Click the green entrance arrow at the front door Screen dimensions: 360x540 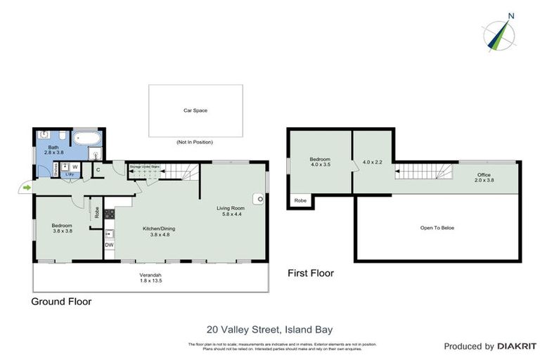27,188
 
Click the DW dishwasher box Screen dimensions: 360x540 109,245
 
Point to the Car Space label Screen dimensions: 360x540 195,110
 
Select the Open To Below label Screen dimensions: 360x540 437,227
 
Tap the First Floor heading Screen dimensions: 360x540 310,273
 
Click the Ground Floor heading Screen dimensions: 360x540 61,302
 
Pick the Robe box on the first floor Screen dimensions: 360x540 300,200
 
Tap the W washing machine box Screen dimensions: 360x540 75,167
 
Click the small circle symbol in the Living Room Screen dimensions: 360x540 260,200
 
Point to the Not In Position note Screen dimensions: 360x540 195,142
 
